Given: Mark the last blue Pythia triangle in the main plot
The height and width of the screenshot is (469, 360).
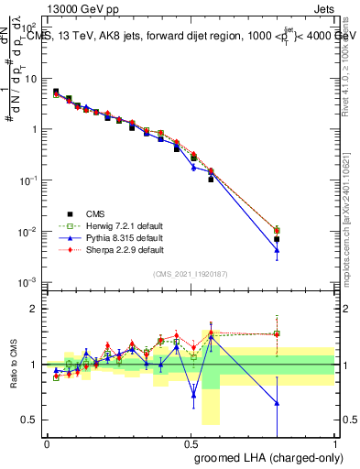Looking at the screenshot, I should [277, 250].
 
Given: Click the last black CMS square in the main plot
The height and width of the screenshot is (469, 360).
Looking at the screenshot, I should [277, 239].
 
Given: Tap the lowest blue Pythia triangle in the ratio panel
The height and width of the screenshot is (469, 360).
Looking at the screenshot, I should [277, 403].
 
